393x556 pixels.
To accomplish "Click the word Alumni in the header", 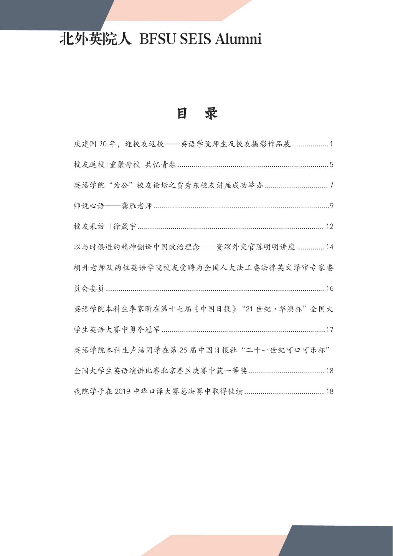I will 238,39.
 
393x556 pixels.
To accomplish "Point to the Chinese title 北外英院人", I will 96,39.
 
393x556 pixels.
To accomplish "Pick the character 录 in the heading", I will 211,113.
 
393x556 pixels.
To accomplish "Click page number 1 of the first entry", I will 331,144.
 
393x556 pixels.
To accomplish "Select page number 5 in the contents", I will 331,165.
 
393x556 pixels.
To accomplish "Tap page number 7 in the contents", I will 331,185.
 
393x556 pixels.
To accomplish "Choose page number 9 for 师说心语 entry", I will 331,206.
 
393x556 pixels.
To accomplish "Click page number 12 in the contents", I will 329,226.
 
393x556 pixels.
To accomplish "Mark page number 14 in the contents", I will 329,247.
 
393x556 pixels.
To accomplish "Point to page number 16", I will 329,288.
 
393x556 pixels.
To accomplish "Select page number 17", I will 329,329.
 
